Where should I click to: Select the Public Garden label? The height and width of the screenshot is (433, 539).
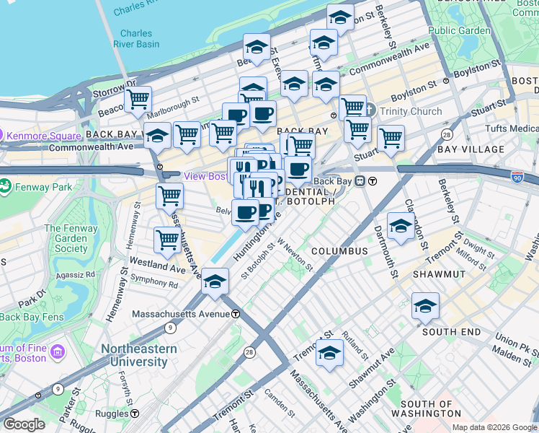[x=459, y=31]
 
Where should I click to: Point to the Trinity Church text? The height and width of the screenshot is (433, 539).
[x=411, y=111]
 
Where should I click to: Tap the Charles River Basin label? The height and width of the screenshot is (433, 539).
[x=136, y=38]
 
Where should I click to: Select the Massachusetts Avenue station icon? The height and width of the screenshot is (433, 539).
[x=235, y=315]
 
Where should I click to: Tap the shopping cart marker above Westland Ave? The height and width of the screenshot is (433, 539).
[x=167, y=239]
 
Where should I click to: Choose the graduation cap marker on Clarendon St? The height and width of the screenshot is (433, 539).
[x=401, y=225]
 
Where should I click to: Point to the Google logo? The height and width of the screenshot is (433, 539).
[x=24, y=424]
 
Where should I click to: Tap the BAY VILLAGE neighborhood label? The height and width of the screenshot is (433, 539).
[x=471, y=149]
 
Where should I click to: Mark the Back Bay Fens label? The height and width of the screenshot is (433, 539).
[x=32, y=316]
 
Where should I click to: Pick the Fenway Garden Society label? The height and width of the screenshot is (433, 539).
[x=66, y=239]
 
